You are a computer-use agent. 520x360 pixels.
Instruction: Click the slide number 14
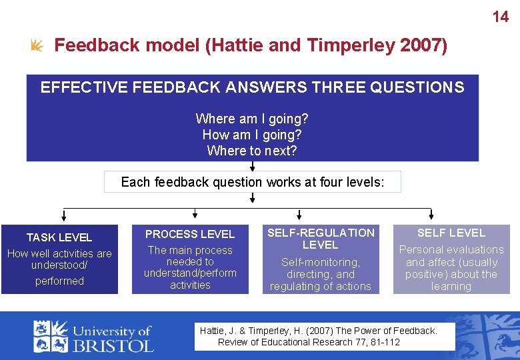[500, 17]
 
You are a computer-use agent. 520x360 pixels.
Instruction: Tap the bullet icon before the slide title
[37, 45]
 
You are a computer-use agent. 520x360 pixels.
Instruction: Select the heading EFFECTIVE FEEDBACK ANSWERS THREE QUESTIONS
[252, 87]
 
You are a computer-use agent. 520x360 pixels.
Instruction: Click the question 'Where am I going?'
[252, 119]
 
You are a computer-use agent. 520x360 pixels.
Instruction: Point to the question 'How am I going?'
[252, 135]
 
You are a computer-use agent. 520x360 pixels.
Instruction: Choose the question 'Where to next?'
[252, 151]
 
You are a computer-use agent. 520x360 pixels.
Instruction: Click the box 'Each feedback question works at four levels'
[253, 182]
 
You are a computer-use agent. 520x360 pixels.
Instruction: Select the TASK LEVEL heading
[59, 237]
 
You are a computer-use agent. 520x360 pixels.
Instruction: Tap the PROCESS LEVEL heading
[190, 234]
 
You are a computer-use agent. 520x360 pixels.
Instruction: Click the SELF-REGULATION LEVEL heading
[321, 238]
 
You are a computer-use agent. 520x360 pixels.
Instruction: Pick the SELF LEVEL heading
[451, 233]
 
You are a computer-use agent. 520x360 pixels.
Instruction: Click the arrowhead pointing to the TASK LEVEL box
[63, 215]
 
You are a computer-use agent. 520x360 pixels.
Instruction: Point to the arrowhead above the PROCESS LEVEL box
[195, 215]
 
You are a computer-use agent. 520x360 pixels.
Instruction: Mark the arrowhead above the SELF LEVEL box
[431, 215]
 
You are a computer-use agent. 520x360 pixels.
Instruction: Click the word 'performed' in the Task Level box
[59, 281]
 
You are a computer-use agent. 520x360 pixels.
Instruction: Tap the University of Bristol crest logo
[51, 335]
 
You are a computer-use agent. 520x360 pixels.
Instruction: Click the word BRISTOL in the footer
[113, 344]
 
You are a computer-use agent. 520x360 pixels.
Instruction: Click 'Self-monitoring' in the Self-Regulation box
[320, 262]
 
